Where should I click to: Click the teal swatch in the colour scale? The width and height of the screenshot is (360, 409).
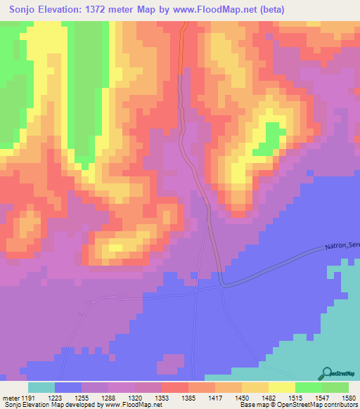[x=41, y=387]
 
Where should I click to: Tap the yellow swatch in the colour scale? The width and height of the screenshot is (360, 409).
[x=281, y=387]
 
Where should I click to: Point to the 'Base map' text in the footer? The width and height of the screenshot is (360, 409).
[x=252, y=405]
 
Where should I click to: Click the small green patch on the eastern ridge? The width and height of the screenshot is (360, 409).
[x=262, y=148]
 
